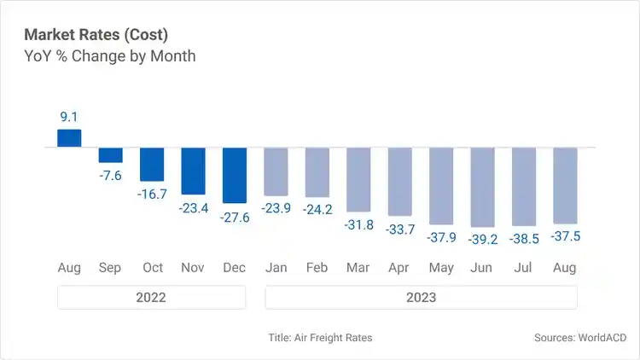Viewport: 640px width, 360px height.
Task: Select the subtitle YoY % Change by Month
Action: [x=110, y=56]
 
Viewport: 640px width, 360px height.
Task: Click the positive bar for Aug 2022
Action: [x=69, y=138]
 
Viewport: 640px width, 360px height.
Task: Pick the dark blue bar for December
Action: [x=235, y=175]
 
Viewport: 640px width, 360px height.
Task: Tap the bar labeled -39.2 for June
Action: [x=482, y=187]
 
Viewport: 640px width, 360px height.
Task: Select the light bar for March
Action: [x=358, y=179]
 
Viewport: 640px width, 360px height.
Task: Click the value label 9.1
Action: [x=69, y=117]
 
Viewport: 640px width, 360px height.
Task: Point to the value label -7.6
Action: [x=110, y=175]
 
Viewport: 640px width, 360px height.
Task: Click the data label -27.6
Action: [x=235, y=217]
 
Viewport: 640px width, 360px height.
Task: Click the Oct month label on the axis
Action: [x=152, y=268]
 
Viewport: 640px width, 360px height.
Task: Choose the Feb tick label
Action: [x=317, y=268]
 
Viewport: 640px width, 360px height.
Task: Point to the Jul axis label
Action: [x=523, y=268]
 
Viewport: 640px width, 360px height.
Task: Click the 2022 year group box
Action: [x=151, y=297]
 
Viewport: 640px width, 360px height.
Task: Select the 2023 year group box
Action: [x=421, y=297]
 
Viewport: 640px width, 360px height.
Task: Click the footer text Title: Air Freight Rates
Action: [x=320, y=338]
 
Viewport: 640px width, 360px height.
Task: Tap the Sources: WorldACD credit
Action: [x=579, y=338]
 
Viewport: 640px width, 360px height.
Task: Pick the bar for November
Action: [x=193, y=171]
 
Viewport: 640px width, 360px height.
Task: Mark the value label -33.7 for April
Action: [x=399, y=229]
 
